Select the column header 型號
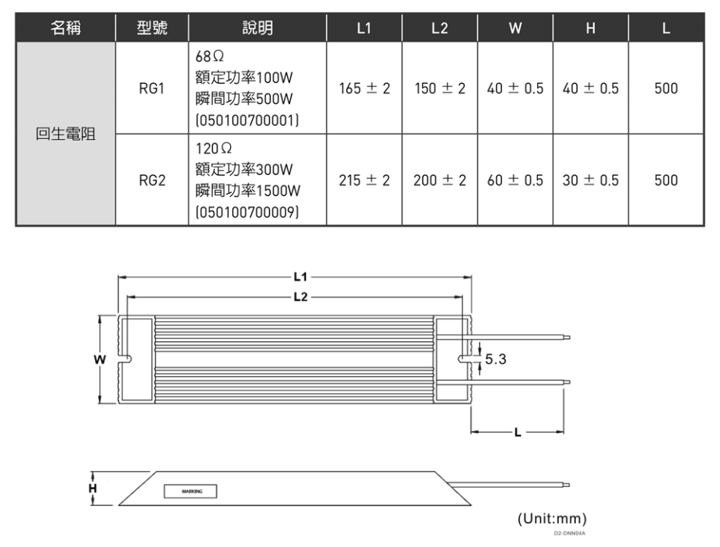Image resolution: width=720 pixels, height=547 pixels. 151,29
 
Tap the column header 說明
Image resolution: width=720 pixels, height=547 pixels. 257,29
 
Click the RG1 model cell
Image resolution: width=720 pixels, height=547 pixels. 151,89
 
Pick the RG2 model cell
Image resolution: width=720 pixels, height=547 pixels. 151,181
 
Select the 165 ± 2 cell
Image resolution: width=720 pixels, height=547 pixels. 365,89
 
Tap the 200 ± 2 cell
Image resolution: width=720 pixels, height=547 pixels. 440,181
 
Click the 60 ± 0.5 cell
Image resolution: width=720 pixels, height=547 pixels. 515,181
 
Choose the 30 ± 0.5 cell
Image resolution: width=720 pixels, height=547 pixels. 590,181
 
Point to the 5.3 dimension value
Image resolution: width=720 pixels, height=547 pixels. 496,359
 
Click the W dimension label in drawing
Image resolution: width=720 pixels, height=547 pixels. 98,359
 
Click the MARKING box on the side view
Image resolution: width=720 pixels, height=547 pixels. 191,491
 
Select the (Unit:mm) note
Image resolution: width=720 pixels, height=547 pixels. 552,519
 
